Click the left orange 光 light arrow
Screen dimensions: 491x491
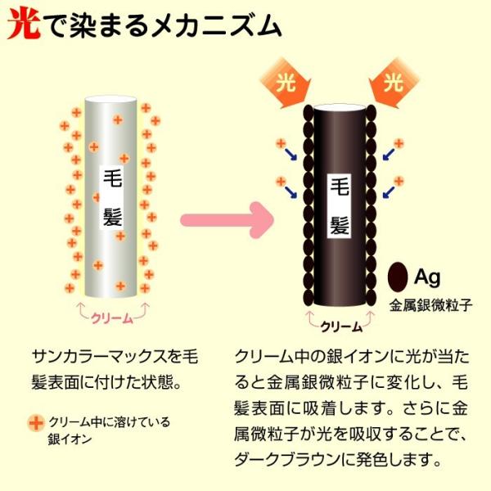(x=282, y=84)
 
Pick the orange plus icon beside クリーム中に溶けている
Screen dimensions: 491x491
(x=35, y=423)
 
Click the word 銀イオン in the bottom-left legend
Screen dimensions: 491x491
(x=67, y=439)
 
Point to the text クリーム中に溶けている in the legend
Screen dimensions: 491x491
(x=108, y=422)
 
